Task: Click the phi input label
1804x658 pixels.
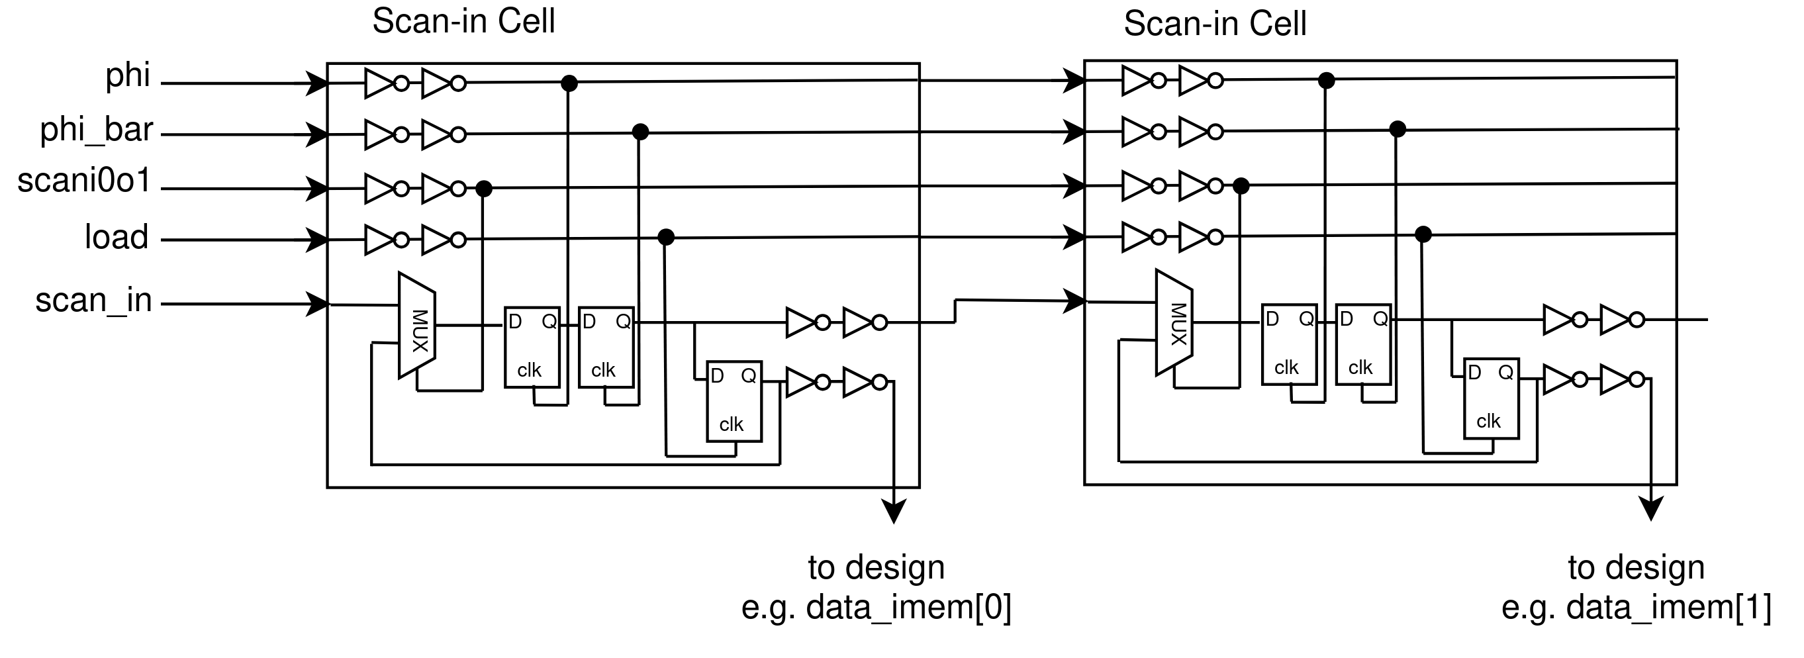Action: (x=128, y=75)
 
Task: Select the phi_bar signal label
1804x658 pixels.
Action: (x=96, y=130)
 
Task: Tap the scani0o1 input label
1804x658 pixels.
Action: (x=84, y=181)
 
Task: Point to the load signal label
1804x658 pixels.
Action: (x=117, y=237)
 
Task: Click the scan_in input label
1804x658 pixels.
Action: (x=93, y=301)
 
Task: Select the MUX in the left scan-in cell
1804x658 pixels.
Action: (x=417, y=326)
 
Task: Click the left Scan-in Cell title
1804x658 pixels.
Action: (x=463, y=21)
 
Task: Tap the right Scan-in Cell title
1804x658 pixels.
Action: (x=1215, y=24)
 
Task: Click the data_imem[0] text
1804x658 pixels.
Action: (x=876, y=607)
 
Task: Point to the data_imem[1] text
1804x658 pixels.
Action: (x=1636, y=607)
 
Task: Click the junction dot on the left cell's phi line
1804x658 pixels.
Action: (x=569, y=83)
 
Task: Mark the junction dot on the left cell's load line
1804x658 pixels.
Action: (x=666, y=237)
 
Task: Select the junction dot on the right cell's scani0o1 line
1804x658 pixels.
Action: (x=1241, y=185)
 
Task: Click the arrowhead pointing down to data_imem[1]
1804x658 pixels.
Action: (x=1651, y=509)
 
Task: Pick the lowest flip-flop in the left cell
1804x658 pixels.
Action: (x=734, y=402)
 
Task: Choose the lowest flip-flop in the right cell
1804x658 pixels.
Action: (x=1491, y=399)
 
